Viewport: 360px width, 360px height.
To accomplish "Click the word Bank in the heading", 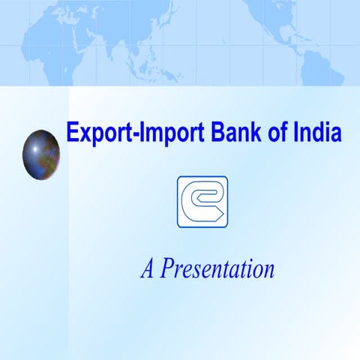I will (232, 133).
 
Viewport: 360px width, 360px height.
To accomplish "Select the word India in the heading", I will (317, 133).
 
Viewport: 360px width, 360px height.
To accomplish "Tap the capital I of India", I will (295, 133).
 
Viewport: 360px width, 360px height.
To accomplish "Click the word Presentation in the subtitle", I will (218, 268).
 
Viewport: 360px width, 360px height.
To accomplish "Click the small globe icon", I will (41, 154).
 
